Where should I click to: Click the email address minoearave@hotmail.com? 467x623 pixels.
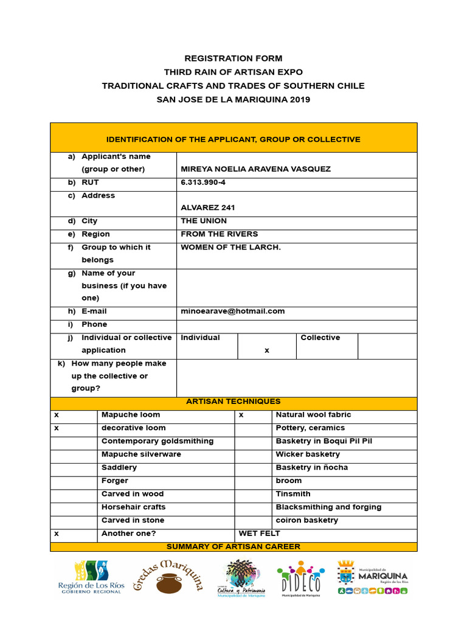tap(232, 311)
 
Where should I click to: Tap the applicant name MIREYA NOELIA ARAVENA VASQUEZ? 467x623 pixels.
tap(255, 169)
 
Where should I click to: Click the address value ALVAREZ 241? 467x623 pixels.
tap(207, 207)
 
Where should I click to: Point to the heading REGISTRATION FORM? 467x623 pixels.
tap(233, 58)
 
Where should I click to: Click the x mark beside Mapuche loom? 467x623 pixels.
tap(57, 415)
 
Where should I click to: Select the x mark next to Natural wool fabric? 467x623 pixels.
tap(241, 415)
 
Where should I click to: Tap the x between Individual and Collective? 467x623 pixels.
tap(266, 350)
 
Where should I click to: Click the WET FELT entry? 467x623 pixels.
tap(259, 533)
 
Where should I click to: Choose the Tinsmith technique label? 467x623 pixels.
tap(293, 493)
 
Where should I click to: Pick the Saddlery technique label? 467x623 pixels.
tap(119, 467)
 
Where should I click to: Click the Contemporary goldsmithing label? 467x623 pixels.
tap(157, 441)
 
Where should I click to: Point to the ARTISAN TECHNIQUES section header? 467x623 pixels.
tap(233, 402)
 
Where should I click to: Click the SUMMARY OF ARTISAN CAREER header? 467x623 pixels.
tap(233, 546)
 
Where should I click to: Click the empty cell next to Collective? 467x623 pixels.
tap(387, 346)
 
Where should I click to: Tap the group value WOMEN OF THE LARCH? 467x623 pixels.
tap(230, 247)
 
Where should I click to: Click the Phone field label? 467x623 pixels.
tap(94, 324)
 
